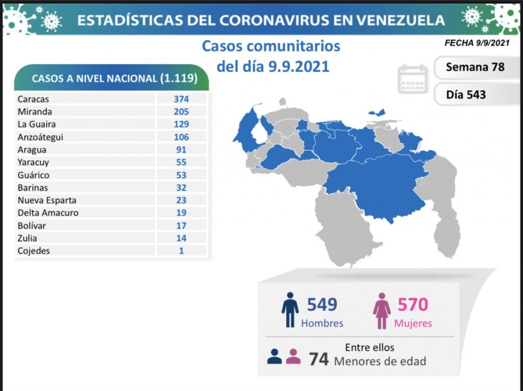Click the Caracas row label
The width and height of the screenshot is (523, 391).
33,99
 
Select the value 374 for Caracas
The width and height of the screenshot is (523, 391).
181,99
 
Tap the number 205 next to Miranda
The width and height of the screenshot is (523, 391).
181,111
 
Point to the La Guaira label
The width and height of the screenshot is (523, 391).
36,124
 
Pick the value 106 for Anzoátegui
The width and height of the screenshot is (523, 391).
181,137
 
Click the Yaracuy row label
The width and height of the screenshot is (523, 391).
34,162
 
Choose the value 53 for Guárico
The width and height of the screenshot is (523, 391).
181,175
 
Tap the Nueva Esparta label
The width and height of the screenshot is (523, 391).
46,200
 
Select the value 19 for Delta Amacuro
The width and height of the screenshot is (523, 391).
181,213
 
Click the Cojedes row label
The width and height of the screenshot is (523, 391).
34,251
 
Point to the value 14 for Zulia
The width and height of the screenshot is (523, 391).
181,238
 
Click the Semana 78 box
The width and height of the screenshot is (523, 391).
474,67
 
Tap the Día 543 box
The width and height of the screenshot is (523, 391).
465,95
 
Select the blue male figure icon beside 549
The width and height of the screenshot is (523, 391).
290,310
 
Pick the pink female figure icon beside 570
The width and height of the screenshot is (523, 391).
382,310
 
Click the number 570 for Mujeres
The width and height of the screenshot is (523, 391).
412,305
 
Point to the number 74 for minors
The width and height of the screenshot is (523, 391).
319,359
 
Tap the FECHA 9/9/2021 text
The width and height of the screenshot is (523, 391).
477,43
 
